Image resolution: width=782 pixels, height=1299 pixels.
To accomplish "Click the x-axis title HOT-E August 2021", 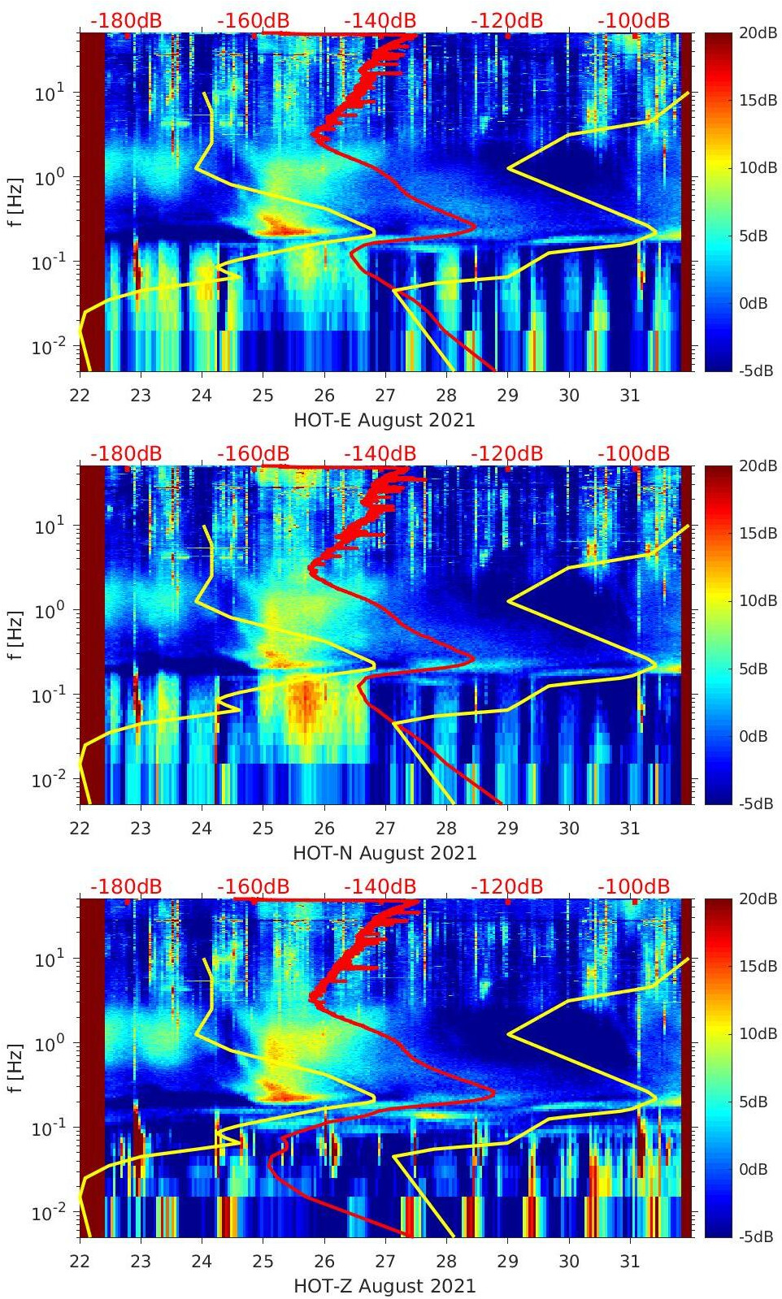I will click(x=384, y=420).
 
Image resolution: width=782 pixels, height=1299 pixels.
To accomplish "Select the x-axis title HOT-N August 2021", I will click(x=384, y=853).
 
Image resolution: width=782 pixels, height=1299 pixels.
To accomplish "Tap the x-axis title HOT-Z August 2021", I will click(x=384, y=1286).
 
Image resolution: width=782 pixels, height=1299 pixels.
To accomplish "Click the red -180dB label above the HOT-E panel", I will click(x=126, y=20).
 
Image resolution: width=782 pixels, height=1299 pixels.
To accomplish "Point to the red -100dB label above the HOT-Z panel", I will click(x=633, y=886).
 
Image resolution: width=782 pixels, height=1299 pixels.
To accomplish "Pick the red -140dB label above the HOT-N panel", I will click(x=380, y=453).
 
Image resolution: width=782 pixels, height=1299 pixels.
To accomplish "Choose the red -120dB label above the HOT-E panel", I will click(x=506, y=20).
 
